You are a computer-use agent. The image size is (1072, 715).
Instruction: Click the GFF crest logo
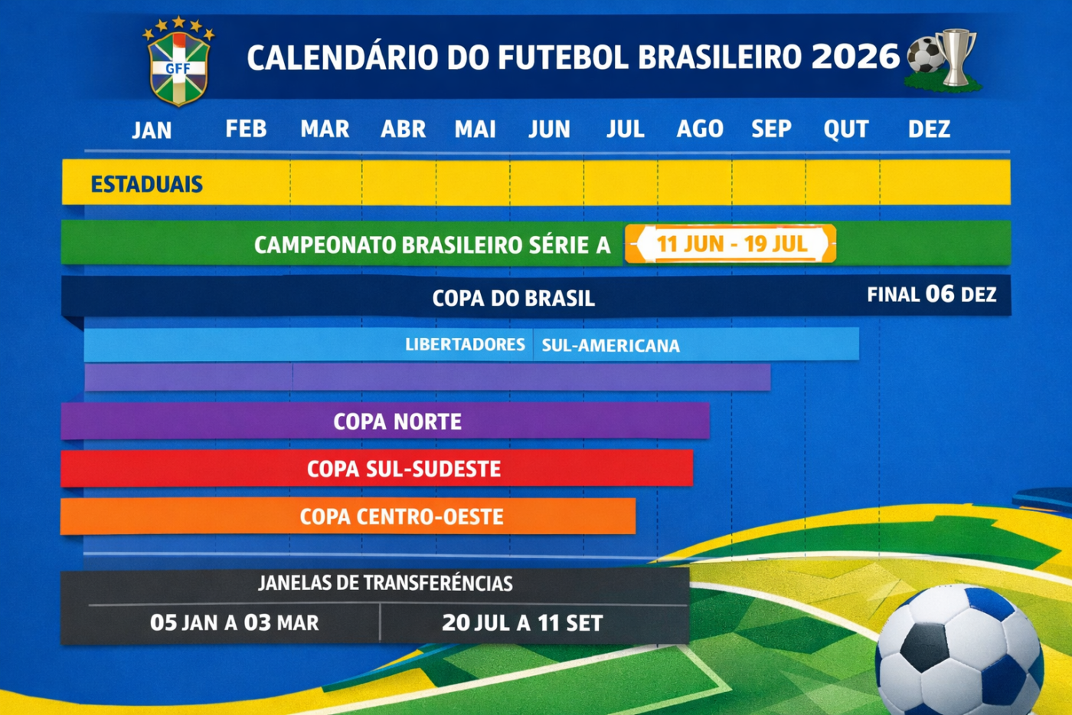point(178,61)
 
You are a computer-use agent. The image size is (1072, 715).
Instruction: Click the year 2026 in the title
point(856,57)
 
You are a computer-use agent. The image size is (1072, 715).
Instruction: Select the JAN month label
point(152,130)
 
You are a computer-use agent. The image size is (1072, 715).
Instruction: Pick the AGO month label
point(700,129)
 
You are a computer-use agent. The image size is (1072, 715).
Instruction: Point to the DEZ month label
point(929,129)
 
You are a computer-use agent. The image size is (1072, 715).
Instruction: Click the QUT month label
point(845,130)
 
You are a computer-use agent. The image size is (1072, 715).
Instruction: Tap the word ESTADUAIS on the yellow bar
point(146,185)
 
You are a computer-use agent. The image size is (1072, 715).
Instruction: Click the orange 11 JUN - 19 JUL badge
point(730,244)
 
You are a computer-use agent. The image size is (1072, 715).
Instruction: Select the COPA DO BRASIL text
point(514,298)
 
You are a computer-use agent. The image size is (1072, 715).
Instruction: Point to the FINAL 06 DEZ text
point(932,294)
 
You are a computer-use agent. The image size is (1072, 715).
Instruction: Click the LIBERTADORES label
point(466,344)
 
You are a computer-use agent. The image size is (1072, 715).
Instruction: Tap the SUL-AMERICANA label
point(611,346)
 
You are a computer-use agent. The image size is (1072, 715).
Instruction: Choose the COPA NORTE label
point(397,422)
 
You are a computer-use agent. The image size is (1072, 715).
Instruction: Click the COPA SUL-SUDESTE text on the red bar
point(404,469)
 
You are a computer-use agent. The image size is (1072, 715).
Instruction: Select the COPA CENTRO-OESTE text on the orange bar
point(401,517)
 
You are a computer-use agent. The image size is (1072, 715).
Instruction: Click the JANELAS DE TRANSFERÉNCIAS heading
point(385,583)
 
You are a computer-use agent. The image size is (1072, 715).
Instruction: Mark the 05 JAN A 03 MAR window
point(234,622)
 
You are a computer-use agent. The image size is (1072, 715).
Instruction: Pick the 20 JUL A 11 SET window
point(522,623)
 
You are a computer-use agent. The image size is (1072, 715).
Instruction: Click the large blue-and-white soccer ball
point(959,651)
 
